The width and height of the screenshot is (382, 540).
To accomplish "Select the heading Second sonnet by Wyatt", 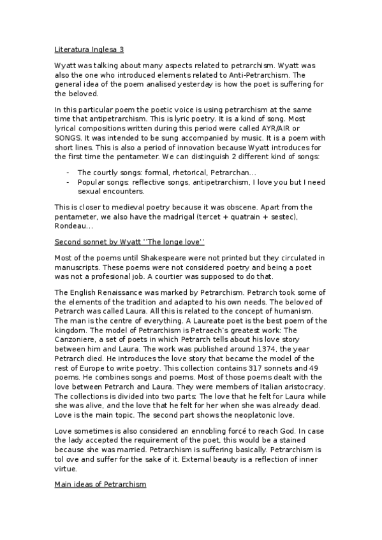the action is point(129,242).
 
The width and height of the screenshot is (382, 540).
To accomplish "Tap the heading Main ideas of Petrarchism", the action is point(101,485).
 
